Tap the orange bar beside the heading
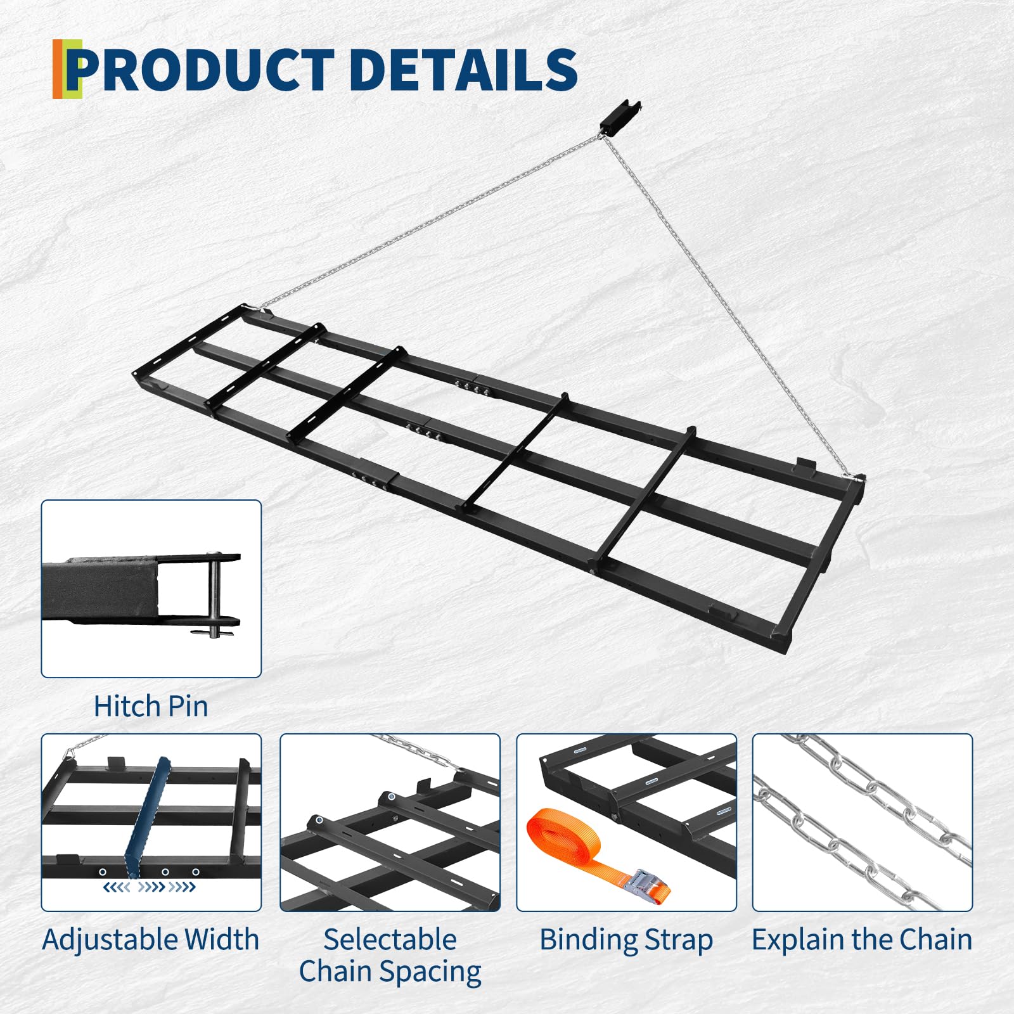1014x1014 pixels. click(x=58, y=69)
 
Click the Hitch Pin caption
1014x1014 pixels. click(x=151, y=706)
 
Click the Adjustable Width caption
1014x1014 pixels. click(x=151, y=939)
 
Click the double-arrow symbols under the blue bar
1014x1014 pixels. click(x=150, y=887)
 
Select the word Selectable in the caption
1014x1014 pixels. click(x=390, y=939)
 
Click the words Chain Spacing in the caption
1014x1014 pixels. click(x=390, y=972)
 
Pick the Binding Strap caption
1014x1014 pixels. click(x=626, y=939)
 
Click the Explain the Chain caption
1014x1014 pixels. click(x=862, y=939)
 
